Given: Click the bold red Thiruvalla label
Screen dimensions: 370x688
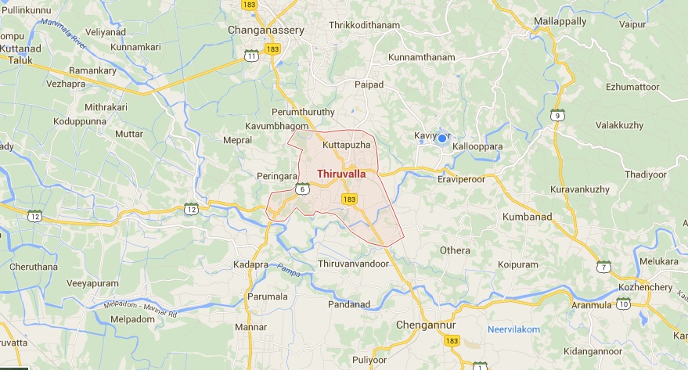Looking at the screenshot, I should click(341, 174).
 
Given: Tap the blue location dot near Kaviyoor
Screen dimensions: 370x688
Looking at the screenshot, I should click(441, 139).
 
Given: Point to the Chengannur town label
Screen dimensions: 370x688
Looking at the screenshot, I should click(426, 325).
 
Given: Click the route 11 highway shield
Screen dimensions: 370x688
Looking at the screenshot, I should click(251, 56).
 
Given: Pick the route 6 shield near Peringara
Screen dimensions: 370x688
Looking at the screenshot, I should click(303, 188).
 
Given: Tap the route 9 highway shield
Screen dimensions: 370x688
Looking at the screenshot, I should click(557, 115).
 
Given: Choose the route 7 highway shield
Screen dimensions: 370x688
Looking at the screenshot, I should click(603, 267).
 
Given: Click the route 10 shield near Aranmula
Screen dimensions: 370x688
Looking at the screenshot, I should click(623, 304).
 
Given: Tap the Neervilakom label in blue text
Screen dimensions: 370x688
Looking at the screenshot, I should click(513, 329).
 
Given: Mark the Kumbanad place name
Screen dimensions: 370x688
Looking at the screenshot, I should click(528, 217).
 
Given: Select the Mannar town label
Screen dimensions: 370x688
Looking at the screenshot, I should click(250, 326).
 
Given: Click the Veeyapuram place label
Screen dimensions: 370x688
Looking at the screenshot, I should click(93, 283).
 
